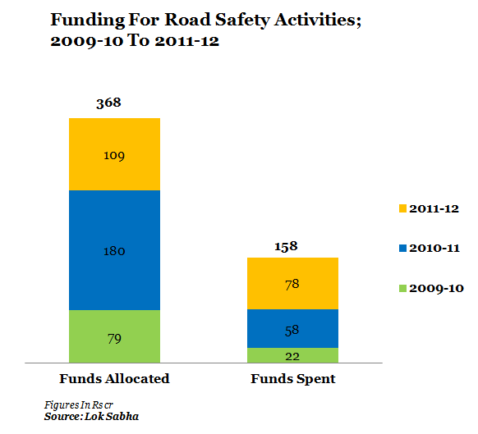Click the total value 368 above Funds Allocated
click(x=108, y=103)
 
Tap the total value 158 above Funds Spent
click(x=286, y=246)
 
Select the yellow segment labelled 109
click(x=115, y=154)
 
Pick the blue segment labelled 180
click(x=115, y=250)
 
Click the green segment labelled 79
click(x=115, y=336)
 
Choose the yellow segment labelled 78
click(x=292, y=283)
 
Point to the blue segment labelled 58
click(x=292, y=329)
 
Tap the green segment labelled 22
click(x=292, y=355)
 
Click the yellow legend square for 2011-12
click(x=402, y=208)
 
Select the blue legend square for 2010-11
click(x=402, y=249)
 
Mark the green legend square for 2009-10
click(x=402, y=288)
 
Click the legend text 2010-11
click(x=434, y=249)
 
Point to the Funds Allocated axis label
click(x=114, y=378)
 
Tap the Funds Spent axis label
click(x=293, y=379)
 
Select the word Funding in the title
click(x=88, y=21)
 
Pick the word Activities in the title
click(x=317, y=20)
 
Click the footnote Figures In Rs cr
click(x=79, y=405)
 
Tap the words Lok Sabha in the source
click(x=112, y=416)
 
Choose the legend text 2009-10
click(x=437, y=288)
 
